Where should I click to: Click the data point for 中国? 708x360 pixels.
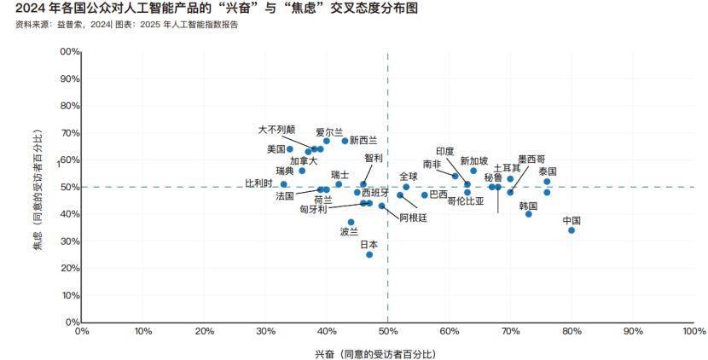pyautogui.click(x=572, y=230)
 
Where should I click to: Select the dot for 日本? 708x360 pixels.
pyautogui.click(x=369, y=254)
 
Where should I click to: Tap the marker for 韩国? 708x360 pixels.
pyautogui.click(x=529, y=214)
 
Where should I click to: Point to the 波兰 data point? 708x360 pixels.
pyautogui.click(x=351, y=223)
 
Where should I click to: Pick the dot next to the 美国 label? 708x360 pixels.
pyautogui.click(x=290, y=149)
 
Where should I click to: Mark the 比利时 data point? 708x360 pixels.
pyautogui.click(x=284, y=184)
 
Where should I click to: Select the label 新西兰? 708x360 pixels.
pyautogui.click(x=363, y=140)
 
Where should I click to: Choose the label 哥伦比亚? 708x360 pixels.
pyautogui.click(x=466, y=202)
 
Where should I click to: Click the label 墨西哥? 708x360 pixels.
pyautogui.click(x=531, y=159)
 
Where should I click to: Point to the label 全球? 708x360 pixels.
pyautogui.click(x=409, y=177)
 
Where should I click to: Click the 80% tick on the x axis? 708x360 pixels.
pyautogui.click(x=572, y=331)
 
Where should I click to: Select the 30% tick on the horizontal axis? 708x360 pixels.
pyautogui.click(x=265, y=331)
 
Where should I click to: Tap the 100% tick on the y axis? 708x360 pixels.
pyautogui.click(x=68, y=51)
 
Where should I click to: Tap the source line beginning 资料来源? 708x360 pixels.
pyautogui.click(x=127, y=26)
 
